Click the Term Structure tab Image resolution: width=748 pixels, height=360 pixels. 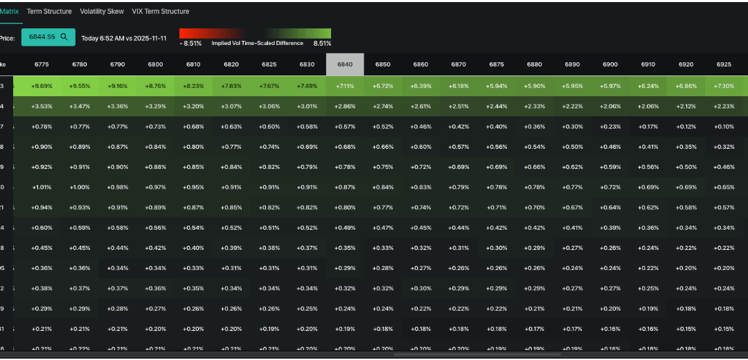pyautogui.click(x=49, y=12)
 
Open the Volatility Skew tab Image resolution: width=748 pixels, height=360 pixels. pyautogui.click(x=102, y=12)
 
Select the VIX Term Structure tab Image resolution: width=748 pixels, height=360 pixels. pyautogui.click(x=161, y=12)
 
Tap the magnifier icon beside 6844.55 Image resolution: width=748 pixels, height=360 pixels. pyautogui.click(x=64, y=37)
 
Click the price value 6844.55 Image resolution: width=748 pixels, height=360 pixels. pyautogui.click(x=42, y=37)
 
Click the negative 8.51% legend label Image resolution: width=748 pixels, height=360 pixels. pyautogui.click(x=190, y=43)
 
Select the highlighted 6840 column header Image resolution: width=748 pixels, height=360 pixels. pyautogui.click(x=345, y=64)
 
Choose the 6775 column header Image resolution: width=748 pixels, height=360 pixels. pyautogui.click(x=42, y=64)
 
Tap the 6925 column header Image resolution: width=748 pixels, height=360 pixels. pyautogui.click(x=724, y=64)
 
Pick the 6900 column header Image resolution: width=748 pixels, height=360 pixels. pyautogui.click(x=610, y=64)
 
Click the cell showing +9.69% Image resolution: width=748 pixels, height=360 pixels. pyautogui.click(x=42, y=86)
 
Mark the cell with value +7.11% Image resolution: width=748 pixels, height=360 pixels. pyautogui.click(x=345, y=86)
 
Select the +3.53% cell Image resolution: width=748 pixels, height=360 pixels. pyautogui.click(x=42, y=106)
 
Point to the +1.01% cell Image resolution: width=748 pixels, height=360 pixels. pyautogui.click(x=42, y=187)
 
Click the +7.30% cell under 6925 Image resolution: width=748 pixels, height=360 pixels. pyautogui.click(x=724, y=86)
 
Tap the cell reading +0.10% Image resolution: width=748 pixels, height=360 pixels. pyautogui.click(x=724, y=126)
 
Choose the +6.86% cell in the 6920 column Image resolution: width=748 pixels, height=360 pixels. pyautogui.click(x=686, y=86)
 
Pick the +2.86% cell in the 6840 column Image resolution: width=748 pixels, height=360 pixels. pyautogui.click(x=345, y=106)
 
